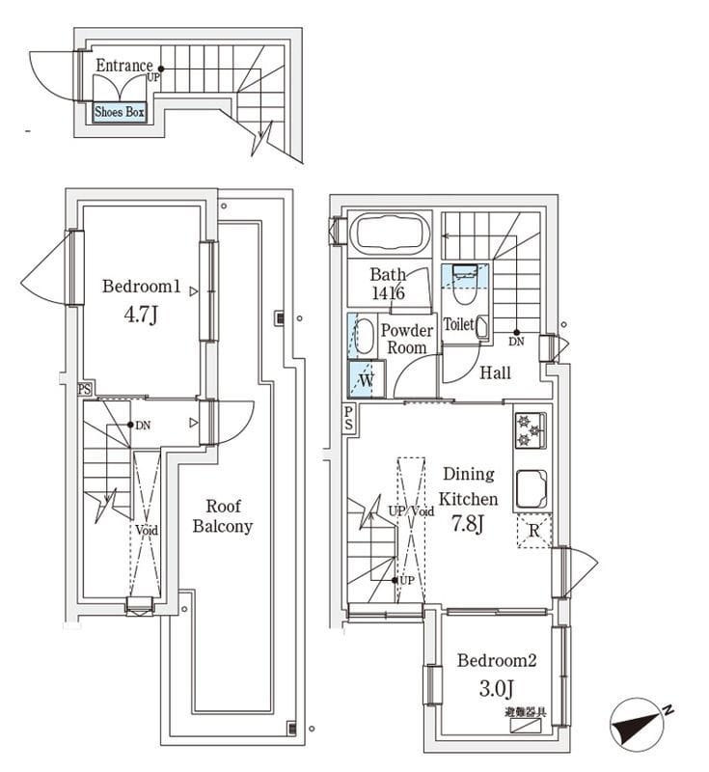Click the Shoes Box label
[x=120, y=113]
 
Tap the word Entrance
[x=124, y=66]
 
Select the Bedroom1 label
[x=142, y=287]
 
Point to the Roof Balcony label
[x=222, y=516]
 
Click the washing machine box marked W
[x=366, y=379]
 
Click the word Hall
[x=495, y=373]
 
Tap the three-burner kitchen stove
[x=531, y=429]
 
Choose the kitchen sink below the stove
[x=532, y=488]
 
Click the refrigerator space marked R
[x=533, y=530]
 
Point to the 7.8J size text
[x=468, y=525]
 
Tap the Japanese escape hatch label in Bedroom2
[x=525, y=712]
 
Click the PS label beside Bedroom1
[x=85, y=390]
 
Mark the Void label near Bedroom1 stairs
[x=146, y=530]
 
